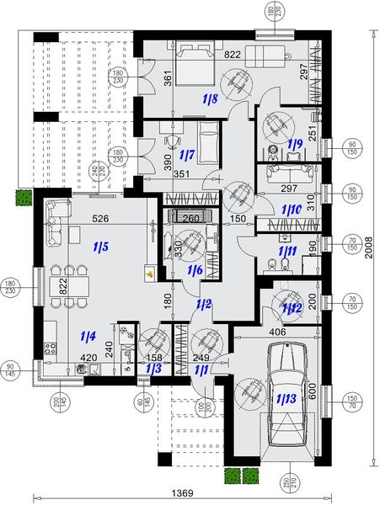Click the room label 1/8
(211, 99)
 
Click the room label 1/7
(187, 156)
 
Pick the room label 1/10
(291, 208)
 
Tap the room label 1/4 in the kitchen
(87, 337)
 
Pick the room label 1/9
(295, 143)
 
